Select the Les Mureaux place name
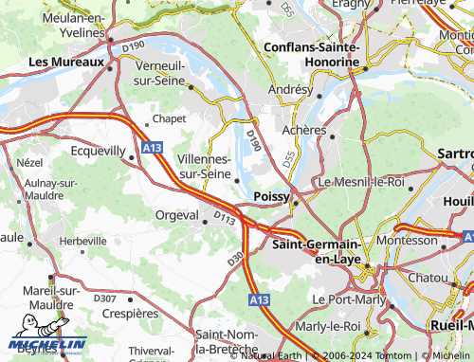(x=65, y=63)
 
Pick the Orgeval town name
(x=176, y=215)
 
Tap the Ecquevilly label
(x=98, y=151)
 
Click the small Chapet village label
(x=169, y=119)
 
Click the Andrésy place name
(x=289, y=89)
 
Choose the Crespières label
(x=129, y=312)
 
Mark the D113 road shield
(x=224, y=219)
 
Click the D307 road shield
(x=105, y=299)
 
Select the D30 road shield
(x=236, y=258)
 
